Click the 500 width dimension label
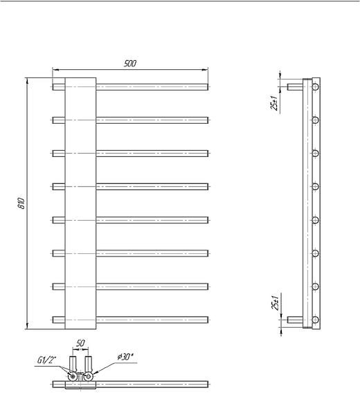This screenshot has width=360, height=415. pos(130,64)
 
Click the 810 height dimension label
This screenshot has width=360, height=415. pos(21,203)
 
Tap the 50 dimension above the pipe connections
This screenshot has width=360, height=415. pos(80,343)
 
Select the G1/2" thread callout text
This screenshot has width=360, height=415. pos(47,360)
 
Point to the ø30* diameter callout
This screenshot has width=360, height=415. pos(125,357)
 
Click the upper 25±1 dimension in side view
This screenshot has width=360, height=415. pos(274,103)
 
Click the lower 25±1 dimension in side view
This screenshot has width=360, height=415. pos(275,303)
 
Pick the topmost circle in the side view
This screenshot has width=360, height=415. pos(315,87)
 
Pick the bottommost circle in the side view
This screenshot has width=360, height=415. pos(315,320)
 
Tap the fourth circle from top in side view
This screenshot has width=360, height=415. pos(315,187)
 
